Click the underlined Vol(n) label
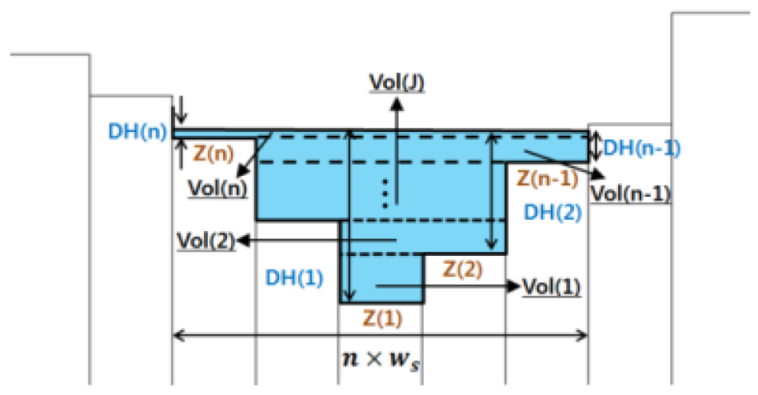(217, 189)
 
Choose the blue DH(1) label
(294, 277)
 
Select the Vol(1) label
(550, 285)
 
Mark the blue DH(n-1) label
(641, 147)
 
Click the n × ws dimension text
(381, 358)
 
